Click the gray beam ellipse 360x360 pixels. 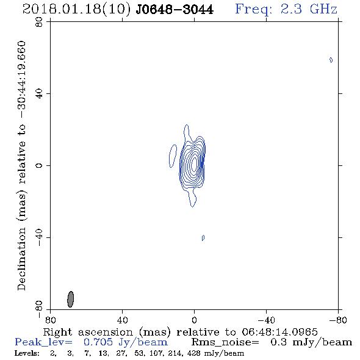click(71, 299)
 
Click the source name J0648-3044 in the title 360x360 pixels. click(175, 9)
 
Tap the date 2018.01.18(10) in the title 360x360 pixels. click(76, 9)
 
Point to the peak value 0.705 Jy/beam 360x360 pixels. click(126, 342)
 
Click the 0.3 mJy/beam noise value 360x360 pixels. click(311, 342)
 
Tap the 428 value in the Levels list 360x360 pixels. click(197, 353)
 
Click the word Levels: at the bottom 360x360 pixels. click(27, 353)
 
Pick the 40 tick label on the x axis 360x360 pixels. click(122, 320)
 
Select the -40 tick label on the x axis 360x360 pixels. click(266, 320)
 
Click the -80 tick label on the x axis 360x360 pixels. click(338, 320)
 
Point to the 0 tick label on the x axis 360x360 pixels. click(194, 320)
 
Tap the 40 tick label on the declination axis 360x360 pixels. click(39, 93)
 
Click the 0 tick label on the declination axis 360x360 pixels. click(39, 165)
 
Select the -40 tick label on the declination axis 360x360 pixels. click(39, 237)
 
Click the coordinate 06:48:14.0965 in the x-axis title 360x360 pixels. click(279, 332)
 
